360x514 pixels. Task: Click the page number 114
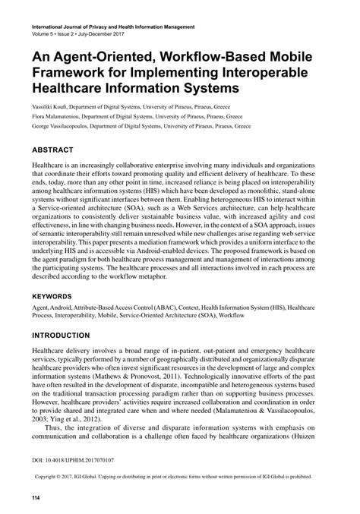pos(34,497)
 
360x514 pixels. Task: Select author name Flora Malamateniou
pos(58,117)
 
